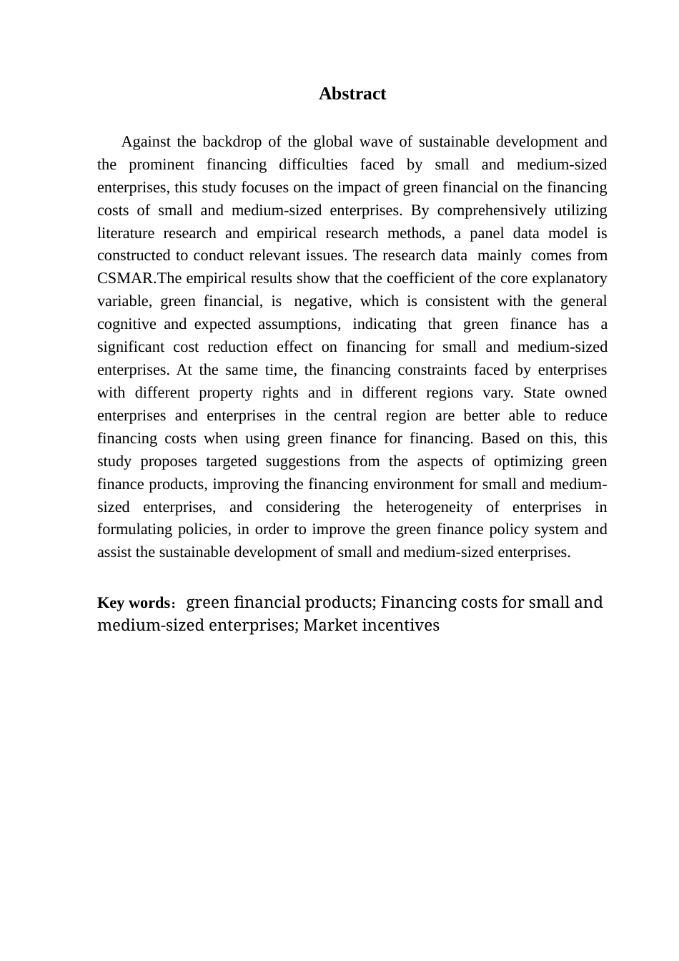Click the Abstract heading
[x=352, y=94]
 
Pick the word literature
[x=125, y=233]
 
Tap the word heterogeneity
[x=429, y=507]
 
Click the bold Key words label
[x=133, y=603]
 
